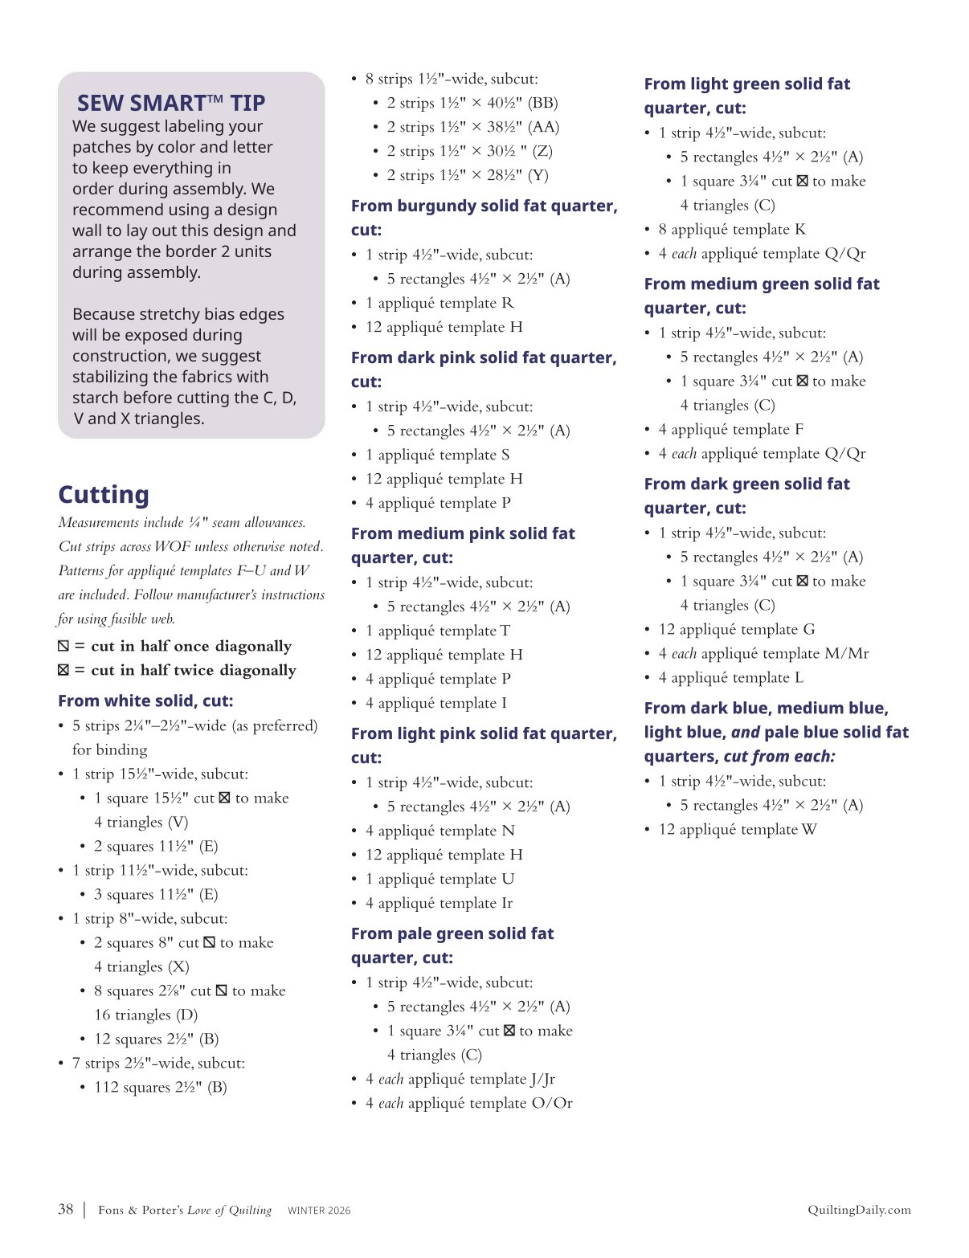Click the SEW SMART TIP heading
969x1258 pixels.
pyautogui.click(x=170, y=103)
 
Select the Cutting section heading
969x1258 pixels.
pyautogui.click(x=104, y=495)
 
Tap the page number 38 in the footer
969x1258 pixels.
pyautogui.click(x=66, y=1209)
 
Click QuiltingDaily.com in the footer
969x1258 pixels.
pyautogui.click(x=859, y=1210)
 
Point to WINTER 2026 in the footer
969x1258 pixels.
pyautogui.click(x=319, y=1211)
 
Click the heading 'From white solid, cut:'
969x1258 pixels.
pyautogui.click(x=145, y=700)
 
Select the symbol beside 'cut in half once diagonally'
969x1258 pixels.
pyautogui.click(x=63, y=646)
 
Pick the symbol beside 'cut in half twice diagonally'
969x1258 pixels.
pyautogui.click(x=63, y=670)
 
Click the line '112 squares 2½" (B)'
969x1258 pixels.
pyautogui.click(x=160, y=1087)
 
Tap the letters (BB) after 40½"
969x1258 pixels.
pyautogui.click(x=542, y=103)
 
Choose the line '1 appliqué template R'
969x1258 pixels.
pyautogui.click(x=440, y=303)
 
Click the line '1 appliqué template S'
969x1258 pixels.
pyautogui.click(x=437, y=455)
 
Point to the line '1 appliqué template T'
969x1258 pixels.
pyautogui.click(x=438, y=631)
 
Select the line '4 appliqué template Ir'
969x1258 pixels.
pyautogui.click(x=439, y=903)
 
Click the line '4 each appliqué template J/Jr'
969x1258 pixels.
pyautogui.click(x=460, y=1079)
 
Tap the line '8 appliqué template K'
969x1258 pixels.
pyautogui.click(x=731, y=229)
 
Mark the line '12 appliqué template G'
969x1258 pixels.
pyautogui.click(x=736, y=629)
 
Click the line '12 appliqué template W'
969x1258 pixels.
pyautogui.click(x=737, y=829)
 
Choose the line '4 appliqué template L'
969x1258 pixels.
pyautogui.click(x=730, y=677)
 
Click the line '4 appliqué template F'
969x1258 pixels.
pyautogui.click(x=730, y=429)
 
